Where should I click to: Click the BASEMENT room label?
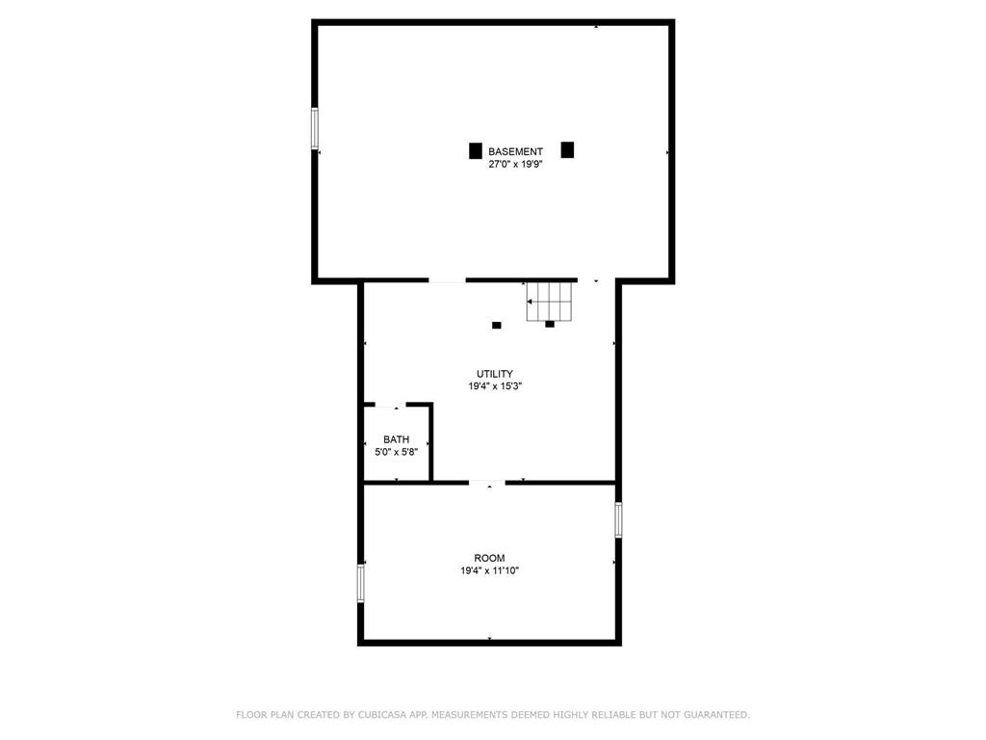point(516,151)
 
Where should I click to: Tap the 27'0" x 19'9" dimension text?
point(516,164)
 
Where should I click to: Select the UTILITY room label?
point(495,374)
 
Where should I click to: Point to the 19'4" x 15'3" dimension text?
point(495,386)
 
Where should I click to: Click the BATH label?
point(396,439)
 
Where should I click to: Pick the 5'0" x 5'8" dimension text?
point(396,452)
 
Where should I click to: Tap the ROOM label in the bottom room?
point(489,558)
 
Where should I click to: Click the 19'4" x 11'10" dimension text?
point(489,570)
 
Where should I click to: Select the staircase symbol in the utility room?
point(550,302)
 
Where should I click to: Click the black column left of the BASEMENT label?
point(476,151)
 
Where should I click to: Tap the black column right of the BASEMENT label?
point(567,149)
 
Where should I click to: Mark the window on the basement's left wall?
point(315,128)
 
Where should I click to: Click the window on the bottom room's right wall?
point(618,519)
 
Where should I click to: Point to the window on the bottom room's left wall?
point(361,583)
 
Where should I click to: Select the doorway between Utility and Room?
point(487,483)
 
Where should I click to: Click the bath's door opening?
point(391,405)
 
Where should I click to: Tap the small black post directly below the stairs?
point(550,324)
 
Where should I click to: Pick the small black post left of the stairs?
point(497,326)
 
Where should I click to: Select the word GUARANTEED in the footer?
point(716,715)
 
